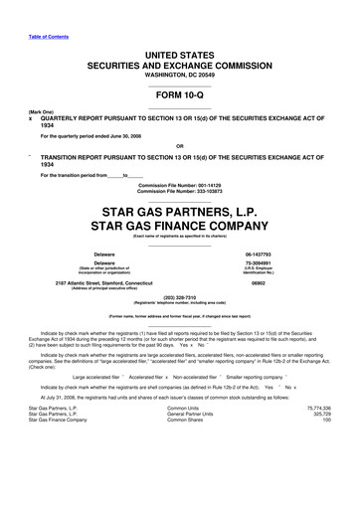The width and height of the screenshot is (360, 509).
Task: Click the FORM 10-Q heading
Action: click(179, 98)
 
